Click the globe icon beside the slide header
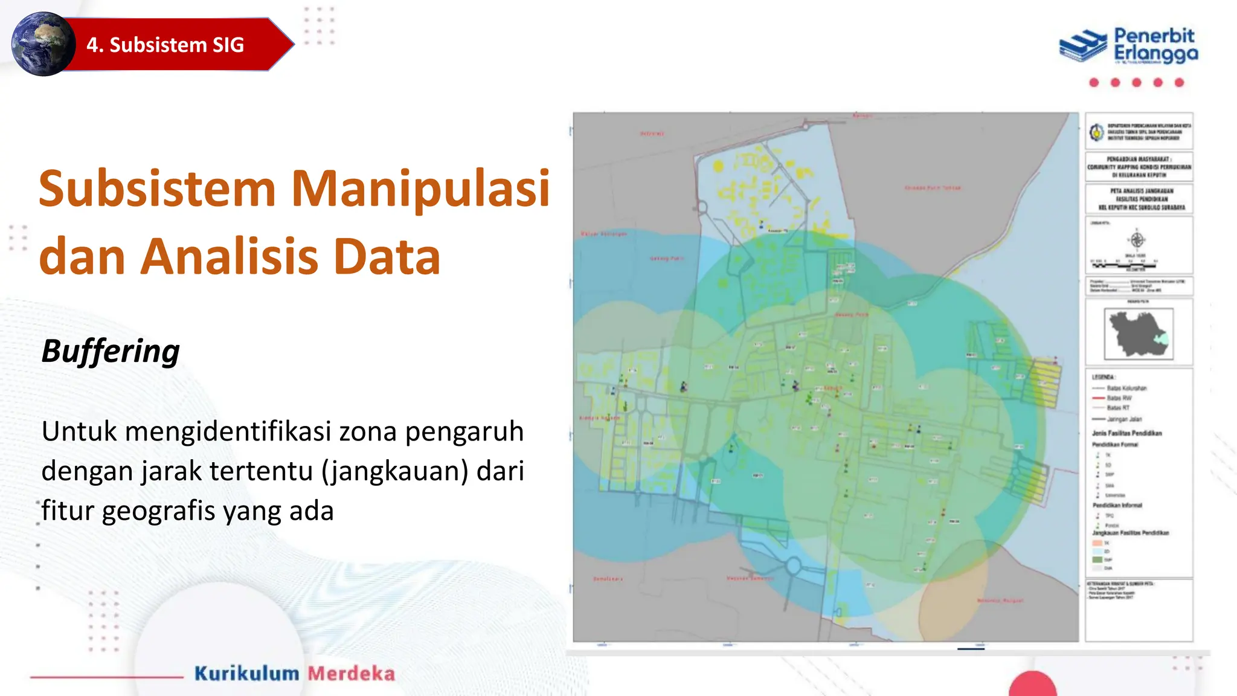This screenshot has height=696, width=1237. tap(43, 44)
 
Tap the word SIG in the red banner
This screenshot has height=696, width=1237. tap(228, 45)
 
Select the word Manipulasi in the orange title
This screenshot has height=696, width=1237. tap(420, 188)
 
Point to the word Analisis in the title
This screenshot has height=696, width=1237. tap(229, 256)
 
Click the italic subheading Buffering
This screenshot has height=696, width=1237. tap(111, 351)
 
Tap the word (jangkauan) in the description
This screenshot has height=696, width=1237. tap(395, 471)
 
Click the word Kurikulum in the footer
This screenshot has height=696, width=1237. tap(246, 673)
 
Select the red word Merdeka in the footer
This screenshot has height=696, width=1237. tap(352, 673)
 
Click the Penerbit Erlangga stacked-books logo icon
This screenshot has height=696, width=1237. tap(1083, 45)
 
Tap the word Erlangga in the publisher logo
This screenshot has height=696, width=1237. tap(1155, 54)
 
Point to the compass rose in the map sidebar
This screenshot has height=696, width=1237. tap(1137, 240)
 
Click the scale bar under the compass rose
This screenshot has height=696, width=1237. tap(1124, 264)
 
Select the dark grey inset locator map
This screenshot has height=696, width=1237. tap(1138, 333)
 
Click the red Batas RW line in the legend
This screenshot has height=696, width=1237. tap(1098, 398)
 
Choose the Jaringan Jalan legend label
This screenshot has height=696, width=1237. tap(1124, 419)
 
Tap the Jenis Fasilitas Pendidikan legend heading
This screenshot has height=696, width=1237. tap(1126, 433)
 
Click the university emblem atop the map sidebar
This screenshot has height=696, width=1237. tap(1096, 131)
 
